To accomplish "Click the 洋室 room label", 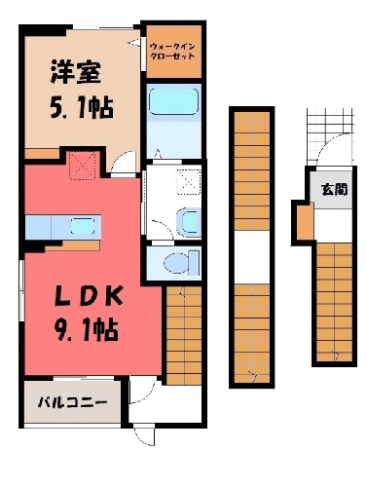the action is click(x=75, y=72).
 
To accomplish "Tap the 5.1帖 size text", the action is click(x=82, y=108).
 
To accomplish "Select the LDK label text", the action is click(x=89, y=296).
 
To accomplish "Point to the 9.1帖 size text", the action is click(x=86, y=330).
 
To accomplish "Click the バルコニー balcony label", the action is click(x=72, y=403).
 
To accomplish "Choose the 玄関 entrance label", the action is click(x=335, y=189).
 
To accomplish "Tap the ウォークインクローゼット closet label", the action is click(x=172, y=52).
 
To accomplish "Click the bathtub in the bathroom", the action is click(x=173, y=101).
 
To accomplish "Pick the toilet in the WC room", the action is click(x=182, y=262).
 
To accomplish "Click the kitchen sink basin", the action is click(x=83, y=226).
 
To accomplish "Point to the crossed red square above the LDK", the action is click(x=83, y=166).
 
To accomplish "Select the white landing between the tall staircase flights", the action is click(x=252, y=257).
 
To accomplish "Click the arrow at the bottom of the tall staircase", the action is click(x=253, y=376).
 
